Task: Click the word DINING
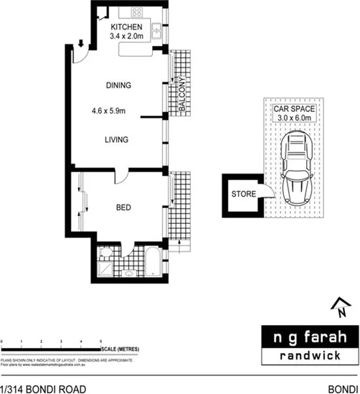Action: tap(118, 85)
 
